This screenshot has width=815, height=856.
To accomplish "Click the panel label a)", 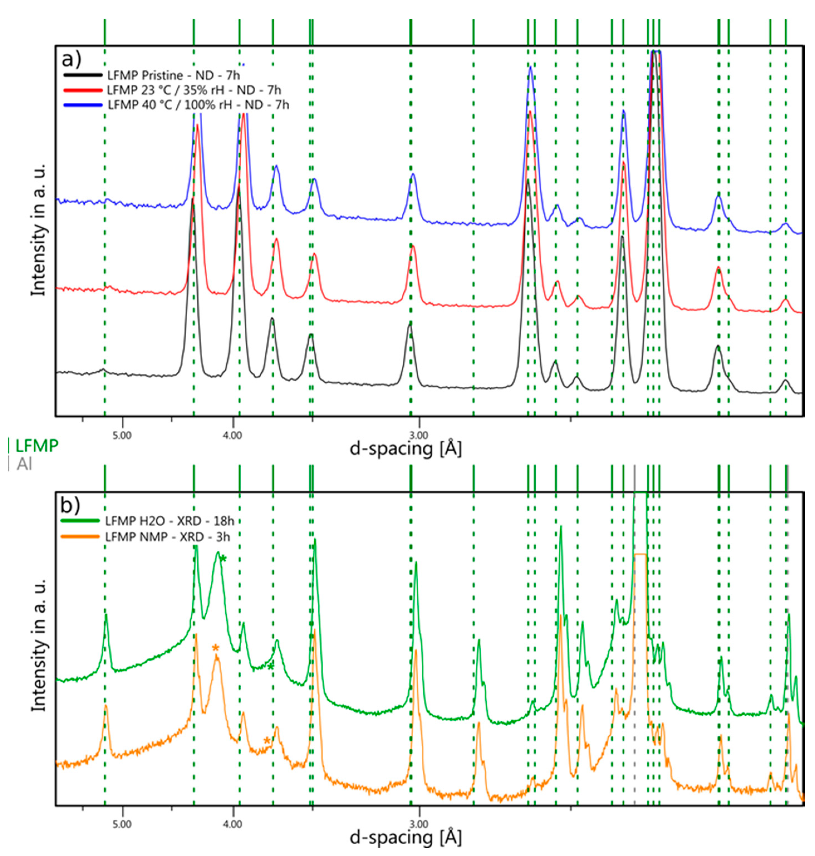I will pos(72,60).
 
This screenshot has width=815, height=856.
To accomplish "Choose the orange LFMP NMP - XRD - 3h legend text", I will pos(167,537).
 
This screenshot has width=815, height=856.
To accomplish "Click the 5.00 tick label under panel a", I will pos(122,436).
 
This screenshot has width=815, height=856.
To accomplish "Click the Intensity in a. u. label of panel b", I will pos(39,646).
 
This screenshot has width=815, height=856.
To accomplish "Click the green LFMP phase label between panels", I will pos(36,446).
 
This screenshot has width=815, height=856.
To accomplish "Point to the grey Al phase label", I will pos(24,464).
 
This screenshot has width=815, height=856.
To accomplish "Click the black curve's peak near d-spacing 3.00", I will pos(409,324).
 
